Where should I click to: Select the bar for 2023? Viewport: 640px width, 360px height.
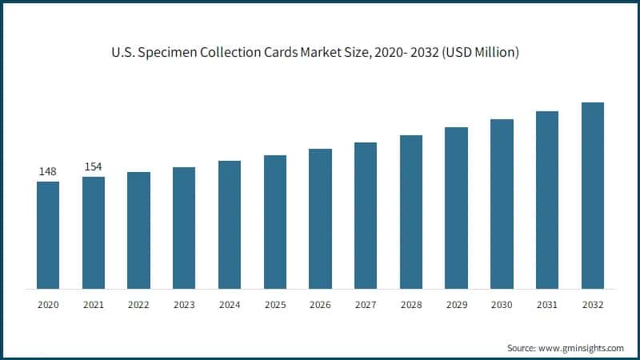tap(184, 227)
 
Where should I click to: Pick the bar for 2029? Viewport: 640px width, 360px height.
tap(456, 207)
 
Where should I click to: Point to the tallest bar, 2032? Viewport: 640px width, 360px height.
tap(592, 195)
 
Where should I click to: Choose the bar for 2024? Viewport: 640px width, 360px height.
tap(230, 224)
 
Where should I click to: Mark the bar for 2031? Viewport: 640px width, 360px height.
tap(547, 199)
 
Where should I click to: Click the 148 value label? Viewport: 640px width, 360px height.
tap(48, 171)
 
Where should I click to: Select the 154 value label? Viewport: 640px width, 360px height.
tap(94, 166)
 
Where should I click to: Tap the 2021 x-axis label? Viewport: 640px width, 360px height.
tap(94, 305)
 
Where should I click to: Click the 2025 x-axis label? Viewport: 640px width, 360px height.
tap(275, 305)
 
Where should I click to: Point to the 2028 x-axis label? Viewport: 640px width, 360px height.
tap(411, 305)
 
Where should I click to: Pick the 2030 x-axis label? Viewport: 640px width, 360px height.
tap(502, 305)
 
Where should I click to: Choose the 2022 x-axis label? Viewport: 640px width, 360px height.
tap(138, 305)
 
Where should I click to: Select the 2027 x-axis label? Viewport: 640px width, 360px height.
tap(366, 305)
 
